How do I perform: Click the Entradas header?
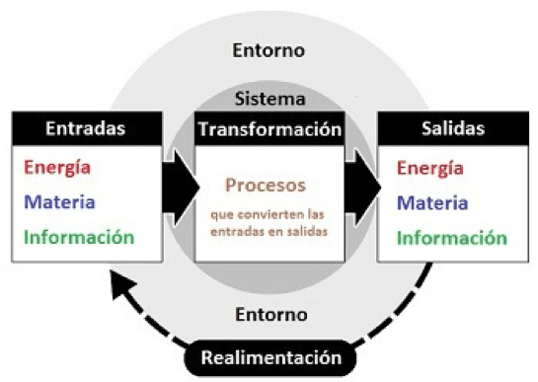point(86,129)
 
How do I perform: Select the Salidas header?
point(451,129)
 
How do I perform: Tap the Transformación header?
point(269,129)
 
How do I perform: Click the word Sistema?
point(269,99)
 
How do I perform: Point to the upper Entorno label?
point(269,49)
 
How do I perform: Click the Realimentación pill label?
point(269,355)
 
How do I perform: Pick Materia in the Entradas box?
point(59,202)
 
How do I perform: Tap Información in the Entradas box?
point(78,237)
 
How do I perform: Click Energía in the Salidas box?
point(430,169)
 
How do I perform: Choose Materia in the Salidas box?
point(432,202)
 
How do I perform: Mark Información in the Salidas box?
point(452,238)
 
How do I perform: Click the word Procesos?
point(266,186)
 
